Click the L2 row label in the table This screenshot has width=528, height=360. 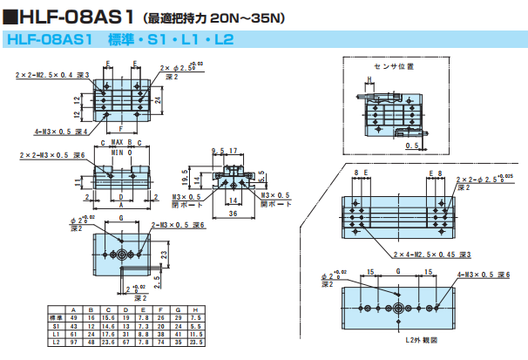[x=54, y=343]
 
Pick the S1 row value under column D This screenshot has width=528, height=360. [x=127, y=326]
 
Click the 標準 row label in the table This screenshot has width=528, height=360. [x=54, y=318]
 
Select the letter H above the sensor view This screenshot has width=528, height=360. [x=369, y=78]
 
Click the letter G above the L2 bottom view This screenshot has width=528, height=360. [x=397, y=272]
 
